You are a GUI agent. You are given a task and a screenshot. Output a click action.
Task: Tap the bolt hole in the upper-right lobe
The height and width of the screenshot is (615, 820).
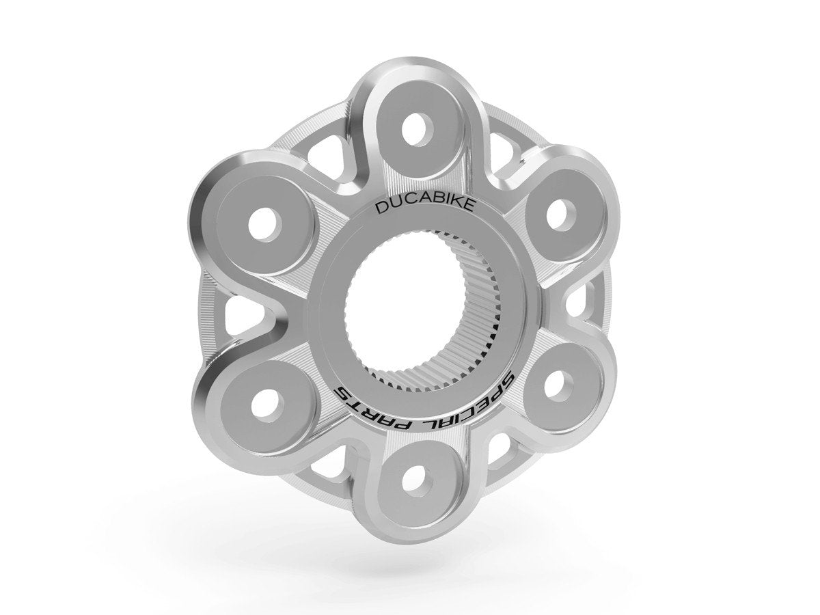(558, 213)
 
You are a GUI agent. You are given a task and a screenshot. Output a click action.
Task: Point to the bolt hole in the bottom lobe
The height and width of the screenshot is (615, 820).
(412, 480)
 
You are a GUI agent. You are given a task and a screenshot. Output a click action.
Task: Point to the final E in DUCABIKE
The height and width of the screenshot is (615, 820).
(439, 205)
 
